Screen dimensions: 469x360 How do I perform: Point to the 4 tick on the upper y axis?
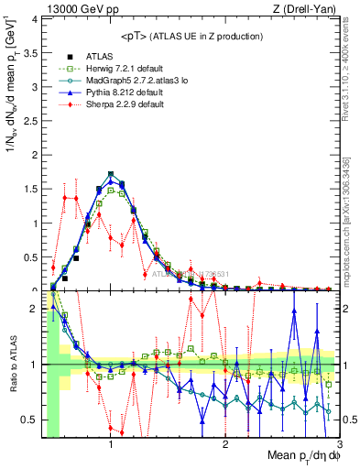coord(35,19)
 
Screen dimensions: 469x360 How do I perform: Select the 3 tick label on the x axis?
coord(338,444)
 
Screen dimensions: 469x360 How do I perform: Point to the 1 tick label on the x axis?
coord(111,444)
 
